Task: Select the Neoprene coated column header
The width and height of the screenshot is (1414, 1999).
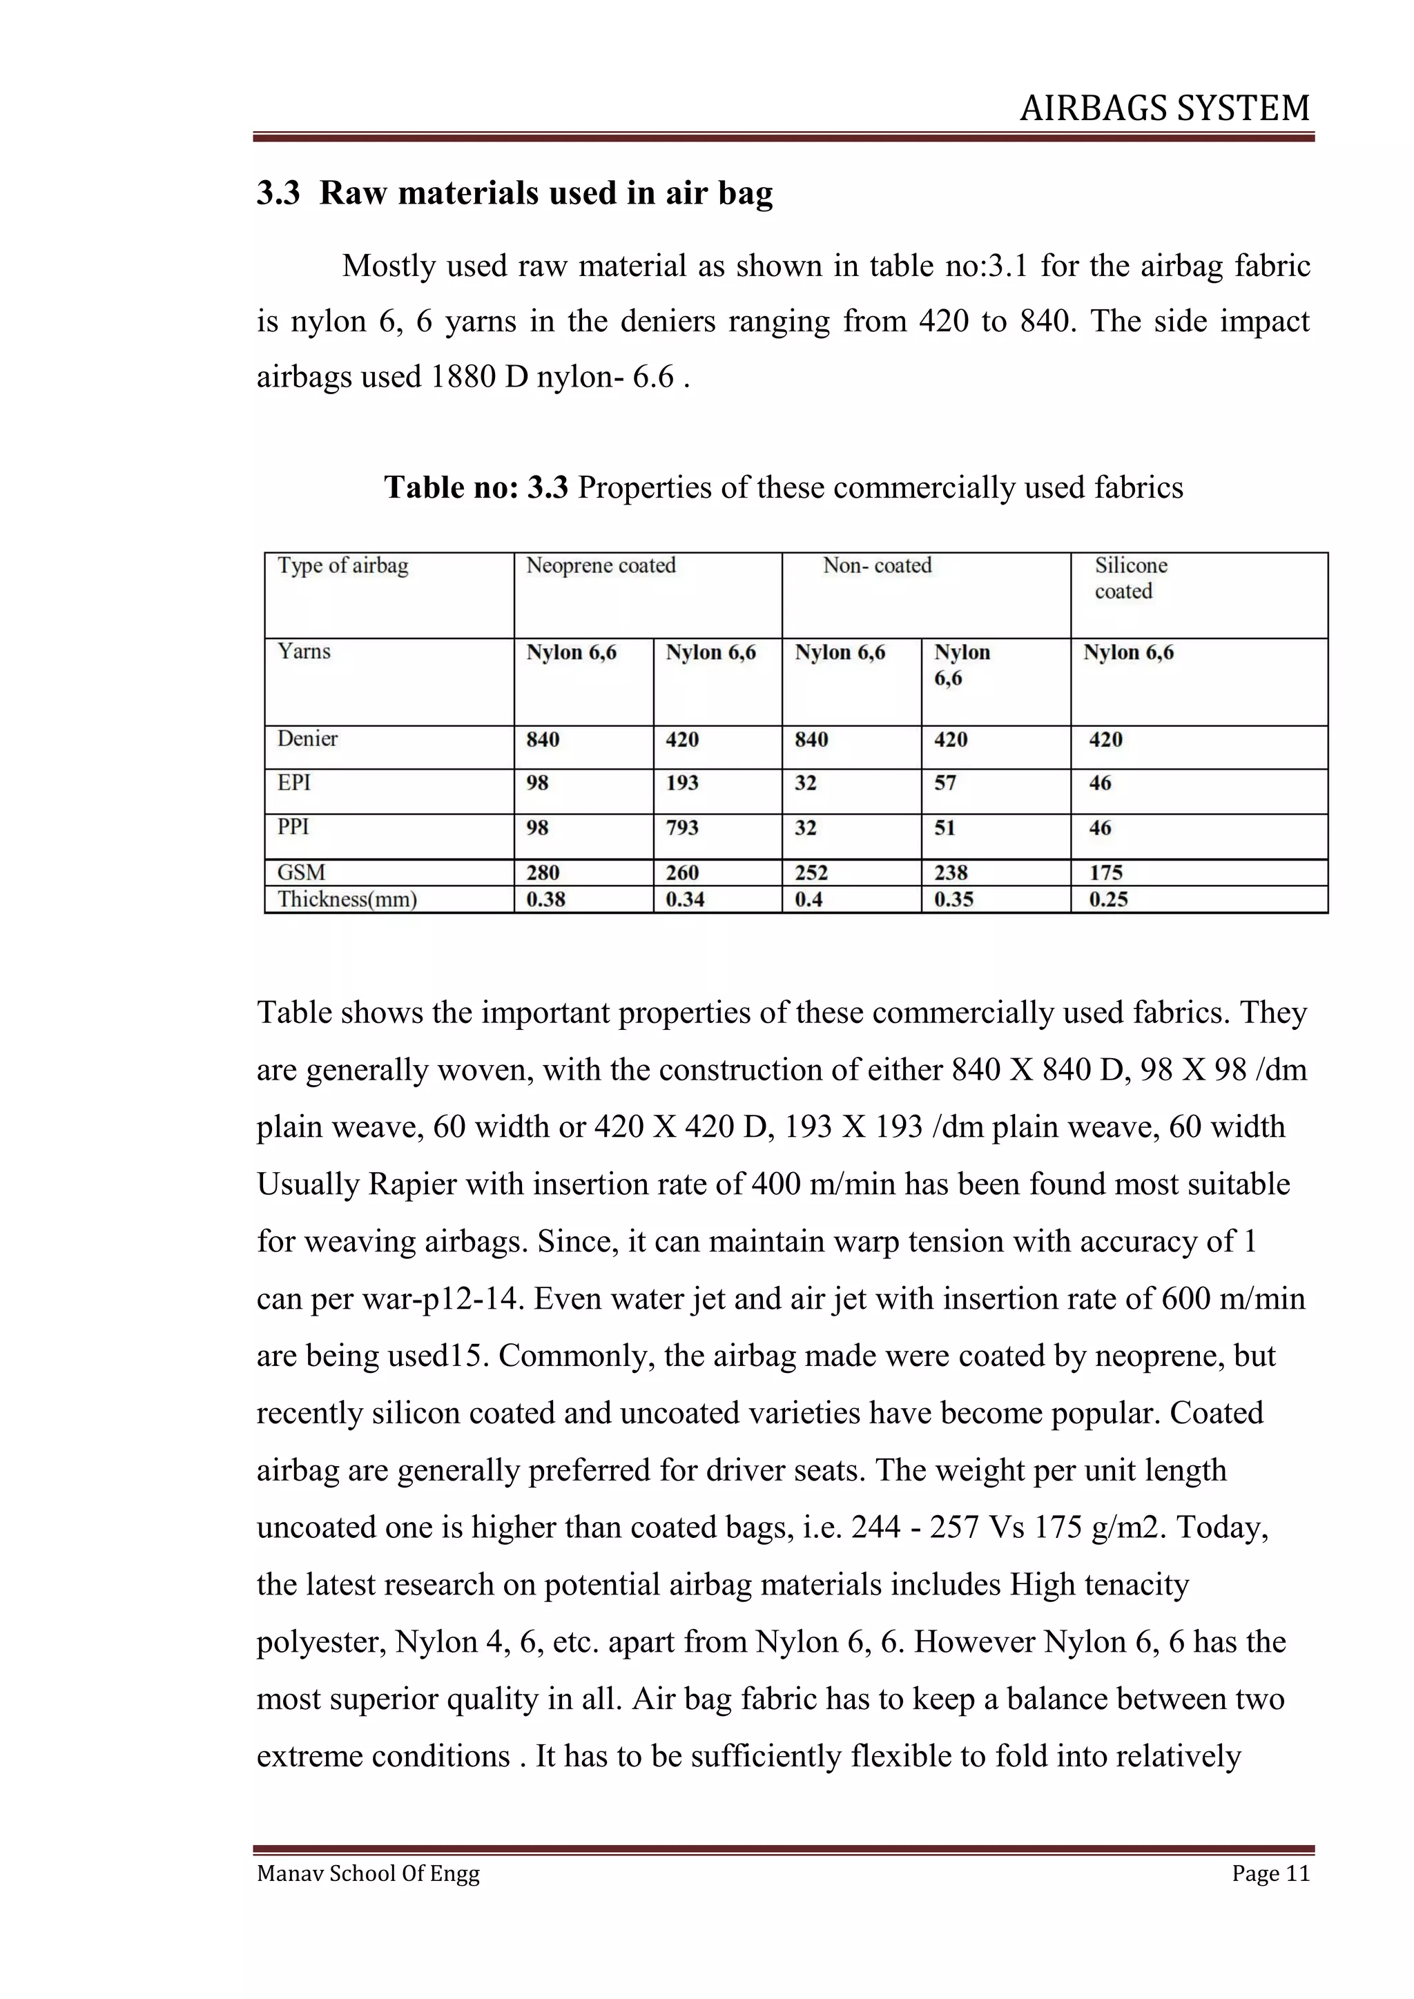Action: (601, 566)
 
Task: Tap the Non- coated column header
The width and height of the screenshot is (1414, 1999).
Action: (877, 566)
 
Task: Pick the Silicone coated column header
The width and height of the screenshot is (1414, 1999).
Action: (1130, 578)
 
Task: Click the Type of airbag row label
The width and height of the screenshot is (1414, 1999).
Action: (342, 566)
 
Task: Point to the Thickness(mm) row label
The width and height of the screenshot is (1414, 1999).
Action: (347, 899)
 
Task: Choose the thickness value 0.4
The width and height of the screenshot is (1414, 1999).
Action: (809, 899)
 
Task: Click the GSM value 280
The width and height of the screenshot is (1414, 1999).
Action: (543, 872)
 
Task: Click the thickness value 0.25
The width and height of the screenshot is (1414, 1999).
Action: (1107, 899)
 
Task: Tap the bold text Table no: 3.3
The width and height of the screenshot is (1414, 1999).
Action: (476, 487)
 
